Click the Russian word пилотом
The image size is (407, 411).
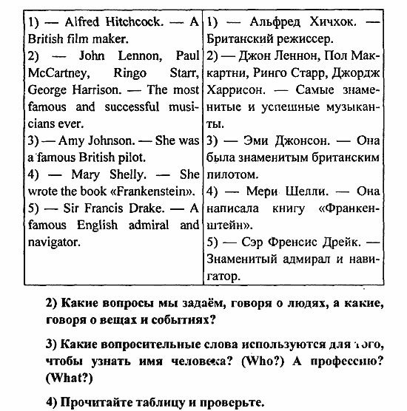[x=233, y=174]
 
